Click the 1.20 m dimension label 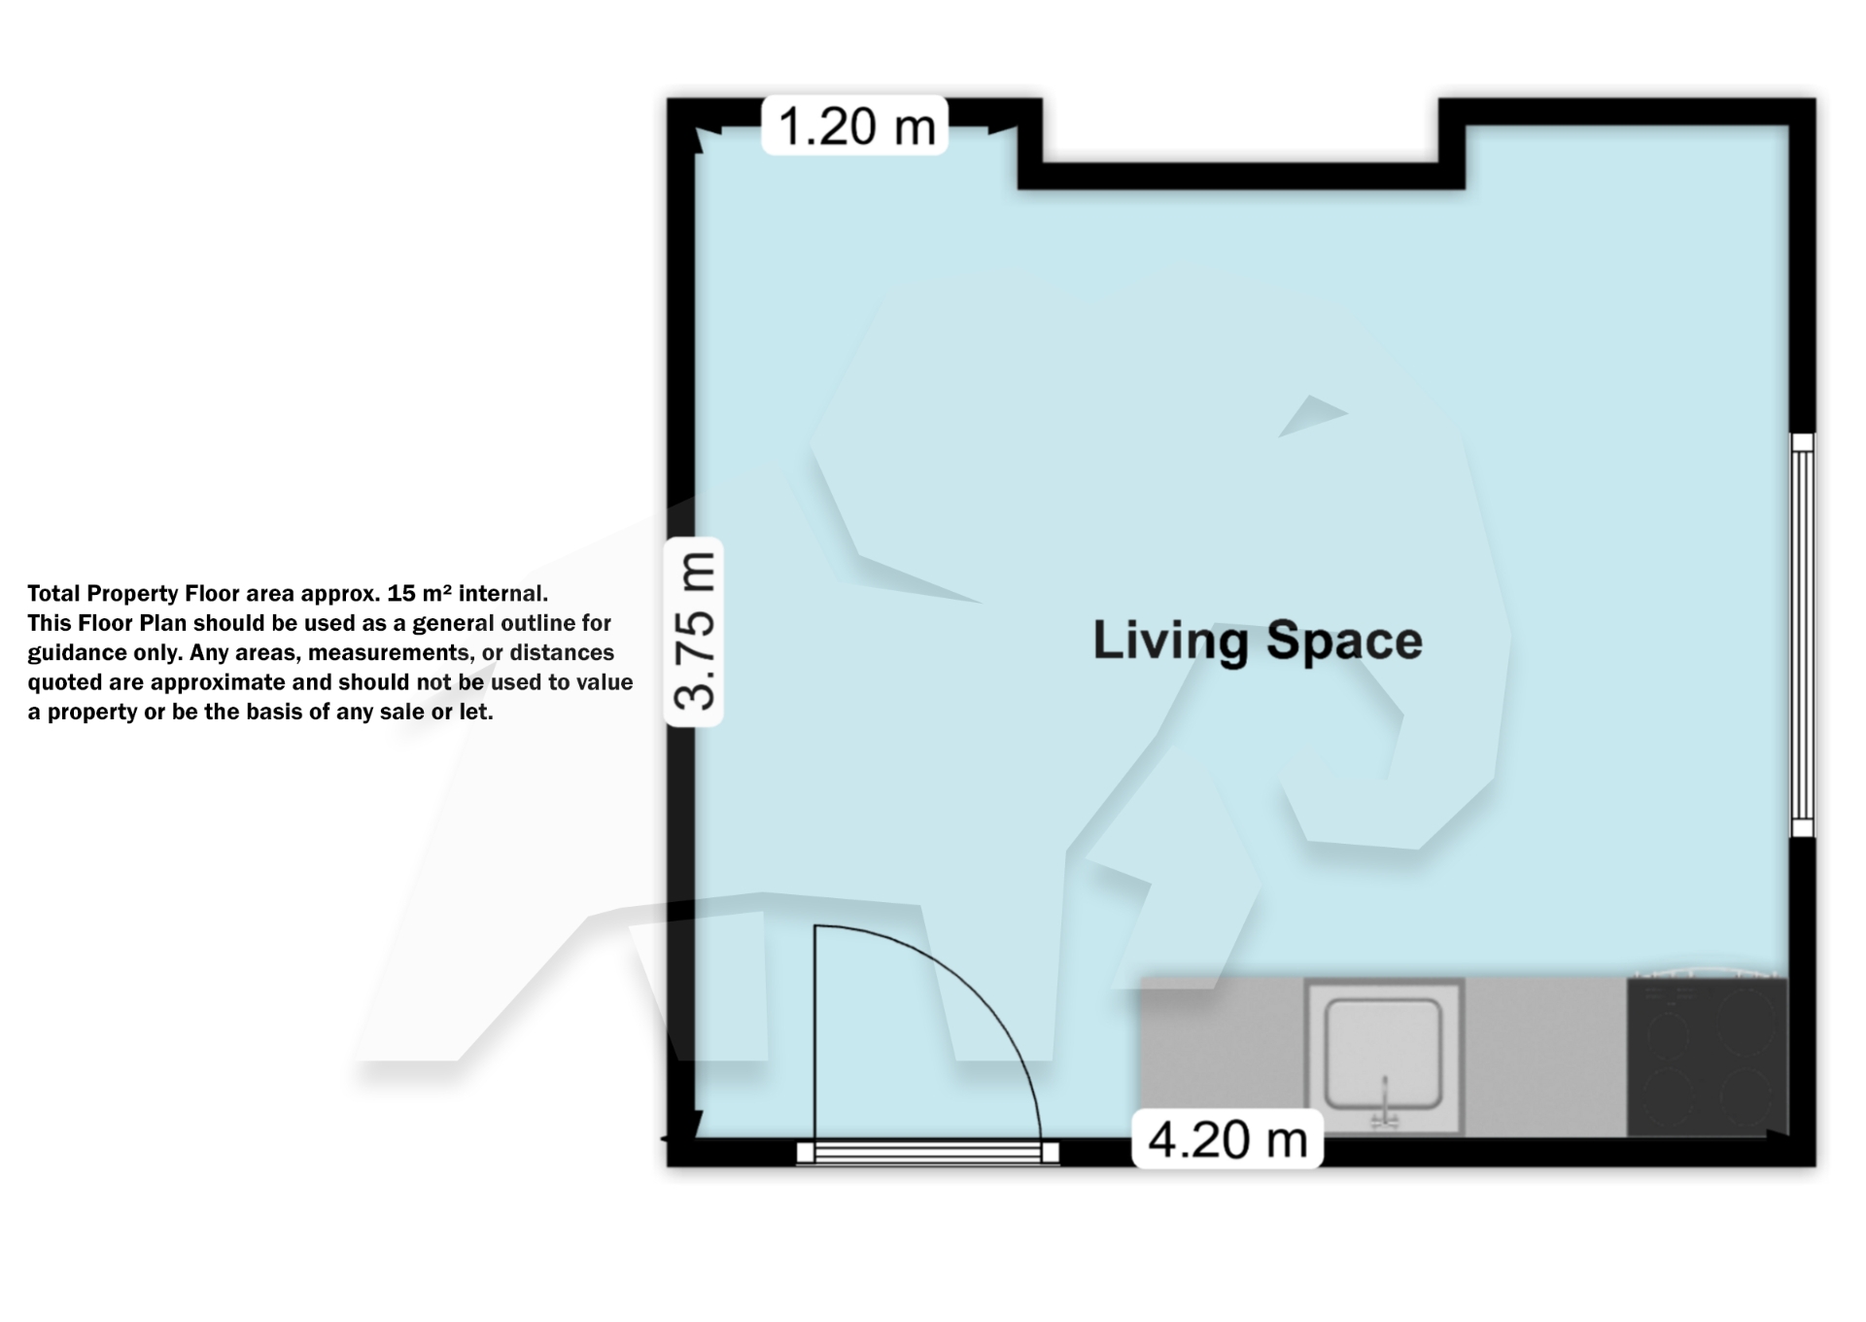855,126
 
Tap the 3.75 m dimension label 694,632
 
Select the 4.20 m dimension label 1227,1139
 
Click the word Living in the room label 1170,641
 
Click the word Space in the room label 1344,641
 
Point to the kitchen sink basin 1383,1052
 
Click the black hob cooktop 1708,1057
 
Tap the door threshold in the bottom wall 927,1153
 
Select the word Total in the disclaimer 53,594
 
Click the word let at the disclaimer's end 474,713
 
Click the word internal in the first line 501,593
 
